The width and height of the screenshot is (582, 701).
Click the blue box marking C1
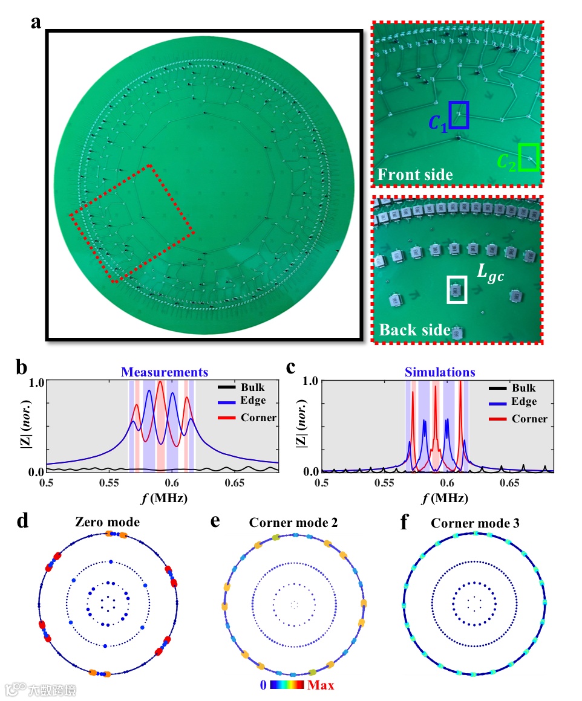[459, 115]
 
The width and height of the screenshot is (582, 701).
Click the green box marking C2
[529, 157]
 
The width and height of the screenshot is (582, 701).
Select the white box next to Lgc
[457, 289]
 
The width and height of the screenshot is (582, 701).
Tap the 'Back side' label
[414, 330]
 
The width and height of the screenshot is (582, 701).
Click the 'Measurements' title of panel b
[164, 372]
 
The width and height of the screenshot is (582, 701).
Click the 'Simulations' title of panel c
[440, 372]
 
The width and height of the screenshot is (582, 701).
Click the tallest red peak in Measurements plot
[160, 383]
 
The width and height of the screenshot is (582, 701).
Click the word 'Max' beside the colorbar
[321, 685]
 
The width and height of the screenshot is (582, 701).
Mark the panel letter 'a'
[37, 23]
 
